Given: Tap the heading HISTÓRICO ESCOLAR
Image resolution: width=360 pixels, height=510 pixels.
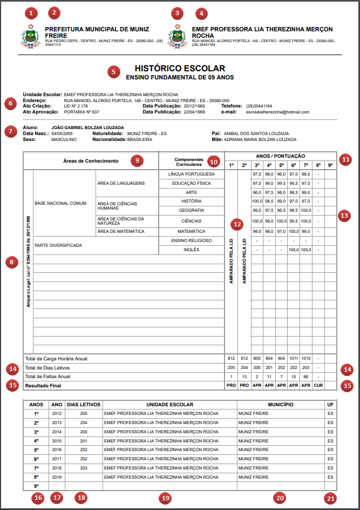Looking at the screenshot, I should pos(179,69).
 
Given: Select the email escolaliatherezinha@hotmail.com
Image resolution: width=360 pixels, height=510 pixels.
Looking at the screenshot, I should pos(277,112).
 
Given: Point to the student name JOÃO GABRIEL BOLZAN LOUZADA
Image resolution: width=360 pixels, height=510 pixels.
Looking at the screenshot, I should pos(87,127).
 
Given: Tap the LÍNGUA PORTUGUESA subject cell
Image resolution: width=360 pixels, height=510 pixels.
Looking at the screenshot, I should pos(192,174).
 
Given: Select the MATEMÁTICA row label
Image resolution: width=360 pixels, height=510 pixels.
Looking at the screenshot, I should pos(192,231).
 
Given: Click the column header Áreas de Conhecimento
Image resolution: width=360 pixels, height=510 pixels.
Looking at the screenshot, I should pos(91,160).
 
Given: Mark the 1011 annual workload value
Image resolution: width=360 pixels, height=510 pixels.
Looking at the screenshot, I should pos(293,358).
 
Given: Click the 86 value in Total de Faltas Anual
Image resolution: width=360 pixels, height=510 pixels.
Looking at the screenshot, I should pos(305,377).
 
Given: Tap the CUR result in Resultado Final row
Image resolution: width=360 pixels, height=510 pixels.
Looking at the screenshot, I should pos(318,386).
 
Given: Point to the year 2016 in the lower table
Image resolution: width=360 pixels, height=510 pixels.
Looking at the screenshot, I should pos(57,449).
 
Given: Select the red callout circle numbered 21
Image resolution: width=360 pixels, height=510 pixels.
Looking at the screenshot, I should pos(330,498).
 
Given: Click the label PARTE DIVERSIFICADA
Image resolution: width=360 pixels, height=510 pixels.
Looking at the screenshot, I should pos(58,245).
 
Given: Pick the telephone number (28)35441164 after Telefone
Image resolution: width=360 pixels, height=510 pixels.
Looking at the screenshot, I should pos(259,106).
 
